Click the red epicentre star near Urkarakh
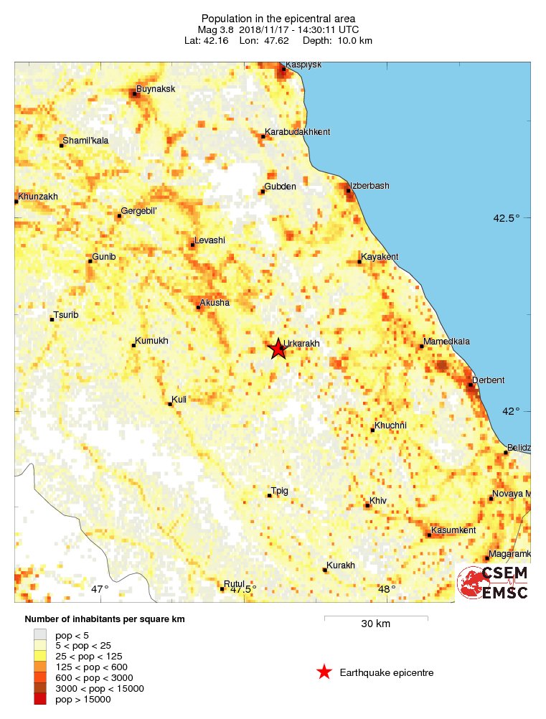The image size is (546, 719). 278,349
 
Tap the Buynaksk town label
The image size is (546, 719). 156,89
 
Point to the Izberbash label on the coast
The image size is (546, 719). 370,186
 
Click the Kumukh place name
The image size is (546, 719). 152,341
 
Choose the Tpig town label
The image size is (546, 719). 280,491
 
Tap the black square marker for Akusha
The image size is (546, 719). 199,308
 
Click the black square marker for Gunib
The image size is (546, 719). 90,261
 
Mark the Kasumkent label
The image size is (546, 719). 453,530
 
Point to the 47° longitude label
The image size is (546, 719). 99,589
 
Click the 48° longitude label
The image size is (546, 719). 387,589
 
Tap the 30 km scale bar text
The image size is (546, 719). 375,624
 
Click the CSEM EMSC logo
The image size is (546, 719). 493,582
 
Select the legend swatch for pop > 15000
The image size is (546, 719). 40,700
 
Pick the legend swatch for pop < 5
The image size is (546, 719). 40,635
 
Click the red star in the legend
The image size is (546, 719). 324,672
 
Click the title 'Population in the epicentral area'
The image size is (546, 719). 279,18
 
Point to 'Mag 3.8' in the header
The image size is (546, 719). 215,29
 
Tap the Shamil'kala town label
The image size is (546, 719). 85,141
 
